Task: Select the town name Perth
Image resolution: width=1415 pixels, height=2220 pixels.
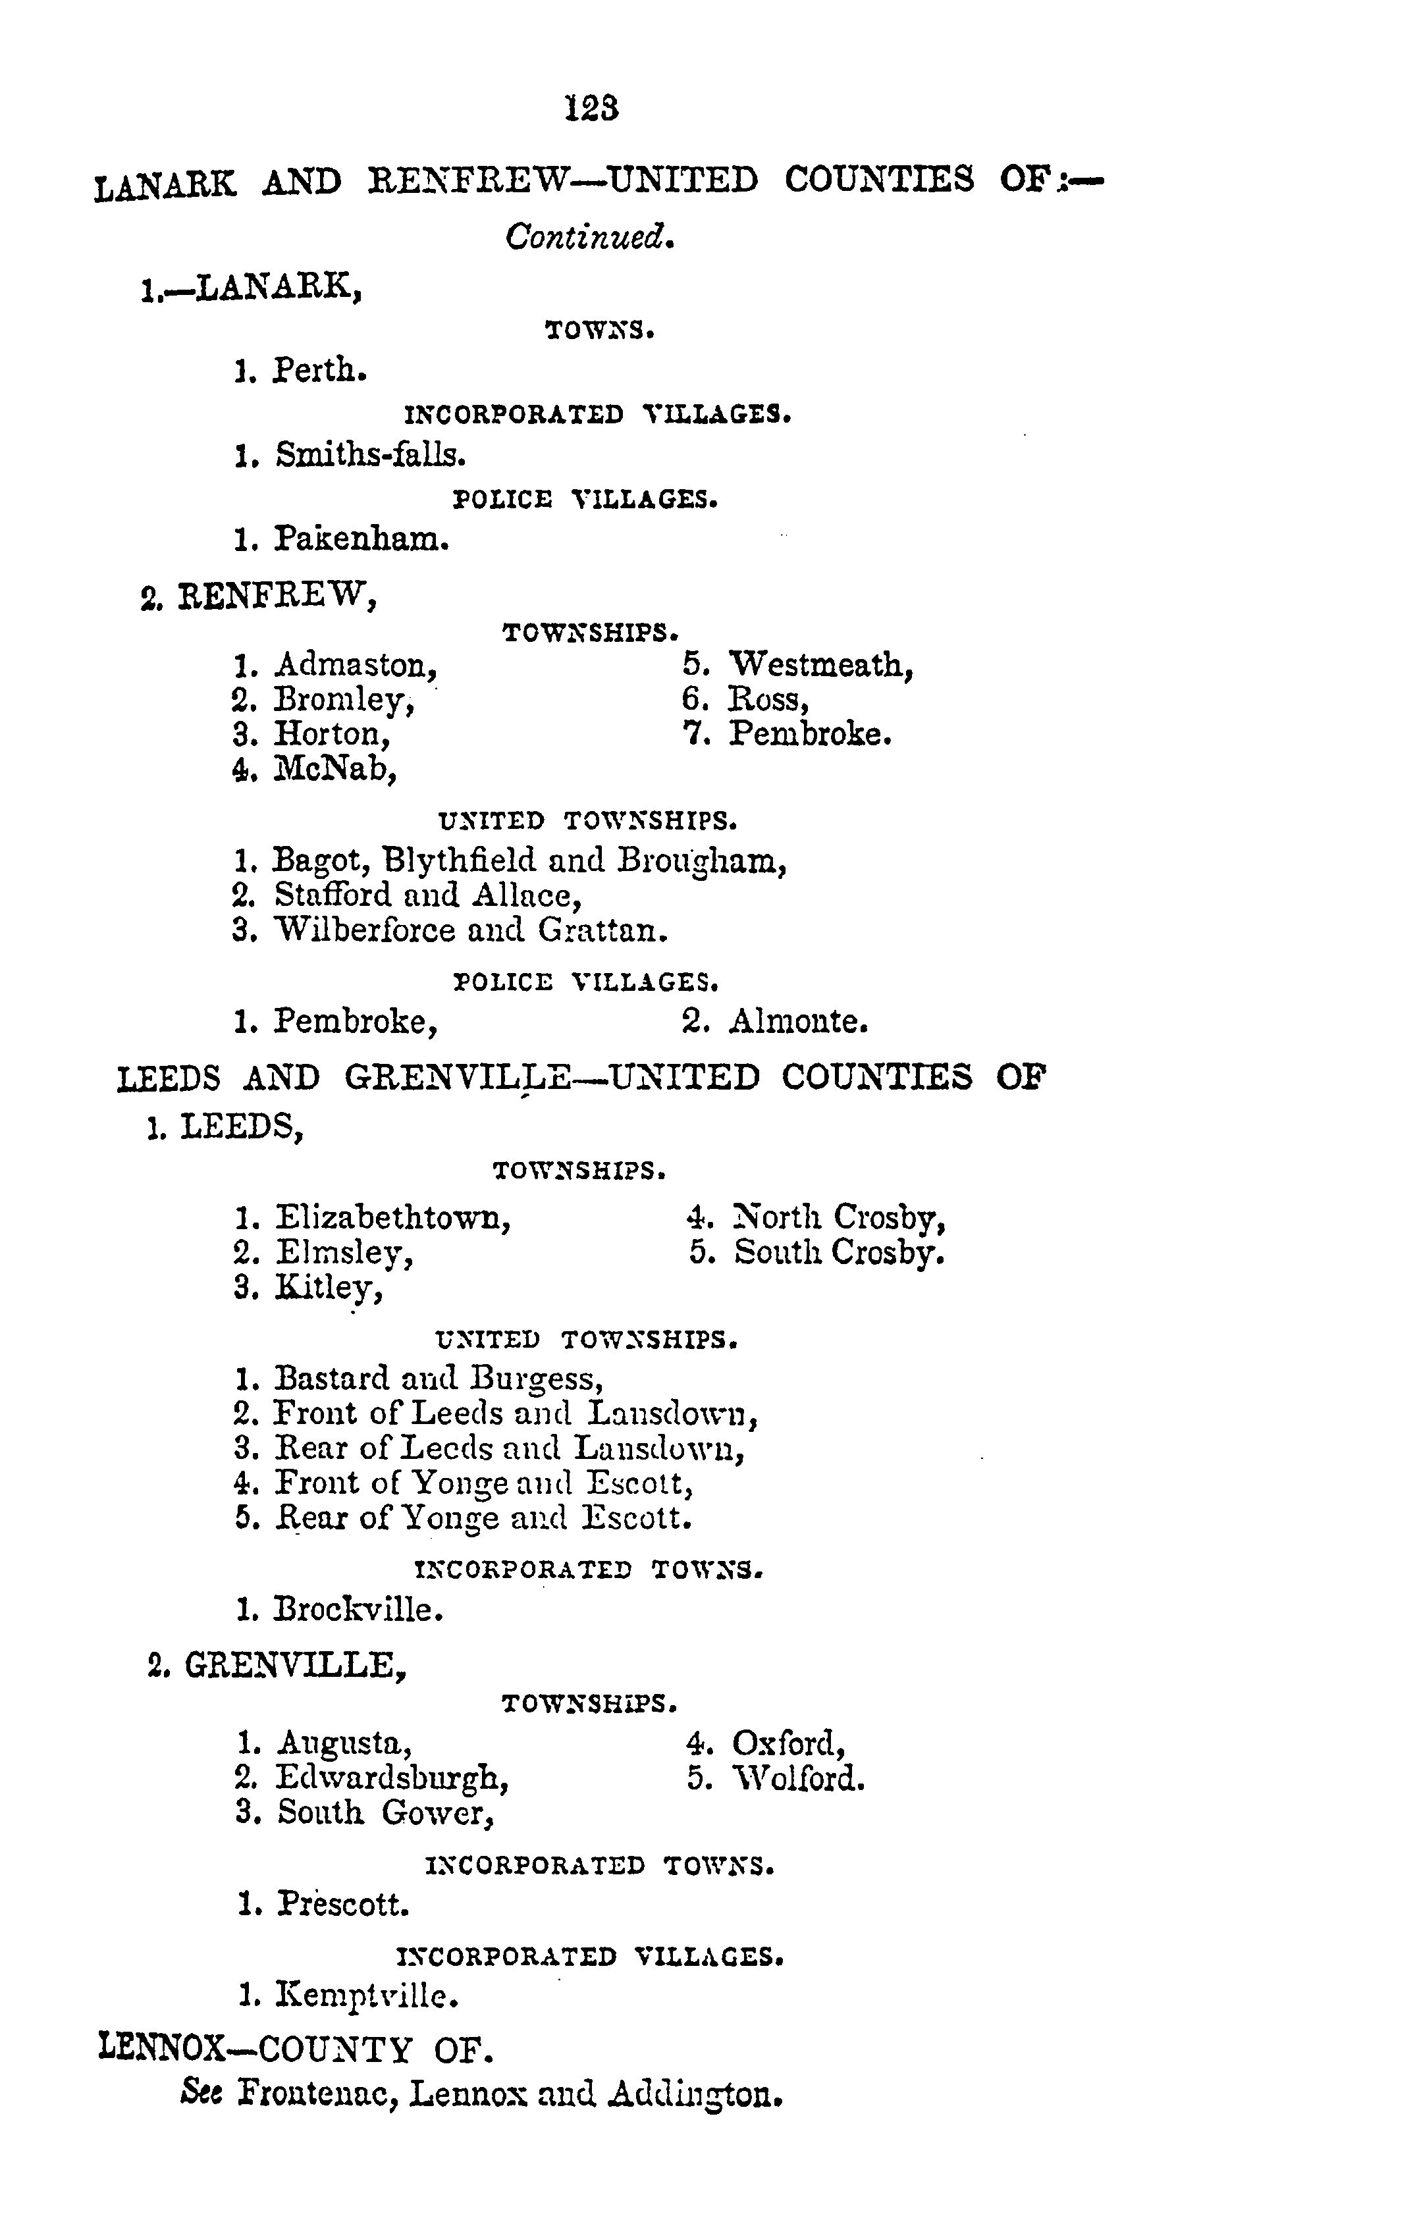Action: [320, 371]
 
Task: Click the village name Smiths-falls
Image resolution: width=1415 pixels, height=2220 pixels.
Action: [369, 454]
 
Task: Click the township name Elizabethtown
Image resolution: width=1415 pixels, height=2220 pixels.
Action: [392, 1218]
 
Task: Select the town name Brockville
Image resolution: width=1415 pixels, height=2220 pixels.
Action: [359, 1610]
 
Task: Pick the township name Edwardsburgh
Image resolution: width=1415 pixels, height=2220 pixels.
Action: [392, 1778]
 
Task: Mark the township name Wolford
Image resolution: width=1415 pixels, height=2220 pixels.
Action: [798, 1778]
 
